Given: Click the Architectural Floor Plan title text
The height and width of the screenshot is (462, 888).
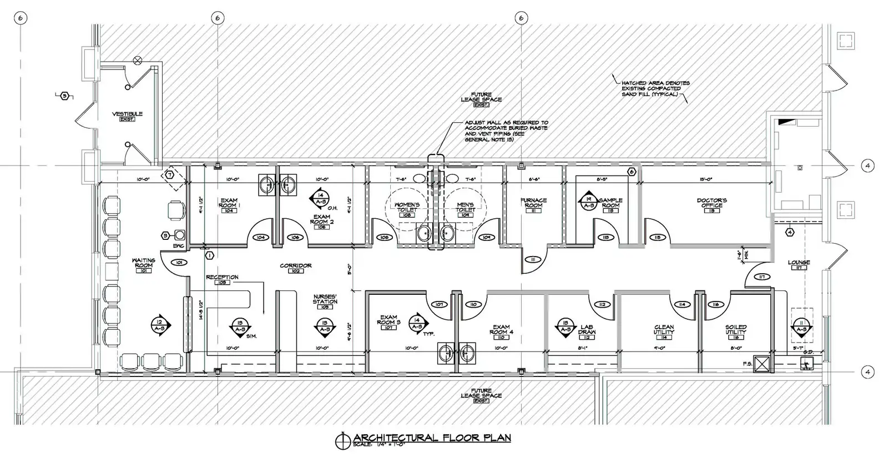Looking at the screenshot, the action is (432, 438).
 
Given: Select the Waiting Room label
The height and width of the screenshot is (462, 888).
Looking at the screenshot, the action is (143, 263).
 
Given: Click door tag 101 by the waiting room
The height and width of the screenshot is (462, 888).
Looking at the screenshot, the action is (179, 262).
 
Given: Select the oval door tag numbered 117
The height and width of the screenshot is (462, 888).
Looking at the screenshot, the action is (763, 277).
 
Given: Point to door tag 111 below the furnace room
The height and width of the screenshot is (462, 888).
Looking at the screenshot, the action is (533, 260).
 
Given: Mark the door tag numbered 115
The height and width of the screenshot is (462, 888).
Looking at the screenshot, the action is (658, 238).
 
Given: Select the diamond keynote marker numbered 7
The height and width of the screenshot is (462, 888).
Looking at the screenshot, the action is (169, 176).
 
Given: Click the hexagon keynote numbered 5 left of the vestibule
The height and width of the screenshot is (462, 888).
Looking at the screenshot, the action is (65, 96).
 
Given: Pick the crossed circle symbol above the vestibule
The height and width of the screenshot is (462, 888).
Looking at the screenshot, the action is (137, 60).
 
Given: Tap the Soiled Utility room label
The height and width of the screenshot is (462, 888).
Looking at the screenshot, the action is (735, 332).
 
